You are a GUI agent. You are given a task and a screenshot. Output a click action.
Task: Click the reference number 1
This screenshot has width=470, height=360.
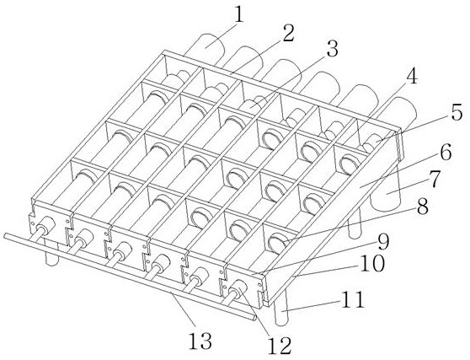238,15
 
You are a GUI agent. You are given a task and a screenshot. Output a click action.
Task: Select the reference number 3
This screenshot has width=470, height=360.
332,48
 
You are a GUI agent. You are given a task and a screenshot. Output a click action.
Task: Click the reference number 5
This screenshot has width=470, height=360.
457,113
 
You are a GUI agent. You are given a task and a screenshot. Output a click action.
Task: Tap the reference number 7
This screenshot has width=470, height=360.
434,179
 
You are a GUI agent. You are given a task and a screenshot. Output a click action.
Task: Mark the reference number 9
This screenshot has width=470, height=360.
382,242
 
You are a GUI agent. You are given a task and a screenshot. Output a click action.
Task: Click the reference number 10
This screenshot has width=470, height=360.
371,263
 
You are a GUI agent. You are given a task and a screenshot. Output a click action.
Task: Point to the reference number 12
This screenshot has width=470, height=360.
280,346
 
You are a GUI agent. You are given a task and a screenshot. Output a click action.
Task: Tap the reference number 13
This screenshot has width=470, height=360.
200,341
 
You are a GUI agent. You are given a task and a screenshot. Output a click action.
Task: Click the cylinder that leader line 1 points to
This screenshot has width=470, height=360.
207,47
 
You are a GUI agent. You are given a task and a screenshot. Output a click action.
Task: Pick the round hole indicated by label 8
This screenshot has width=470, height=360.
278,242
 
